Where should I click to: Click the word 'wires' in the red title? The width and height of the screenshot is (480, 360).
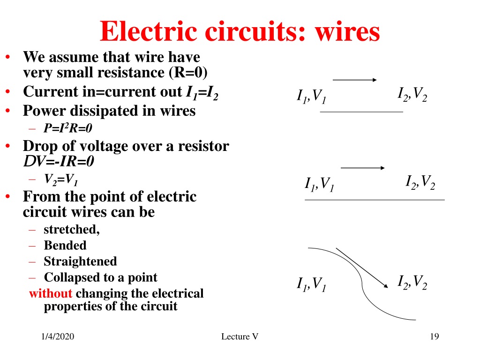(x=347, y=31)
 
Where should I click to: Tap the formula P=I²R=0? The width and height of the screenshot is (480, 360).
(x=67, y=128)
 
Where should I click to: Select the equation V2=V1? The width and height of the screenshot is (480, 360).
(x=60, y=180)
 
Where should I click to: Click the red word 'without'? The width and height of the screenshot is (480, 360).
(x=51, y=293)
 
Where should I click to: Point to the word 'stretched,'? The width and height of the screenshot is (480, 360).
(x=72, y=229)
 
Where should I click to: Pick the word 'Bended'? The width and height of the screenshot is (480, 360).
(x=65, y=245)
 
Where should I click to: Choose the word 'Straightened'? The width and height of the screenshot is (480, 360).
(x=80, y=262)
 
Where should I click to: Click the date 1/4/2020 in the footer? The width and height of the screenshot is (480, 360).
(x=58, y=337)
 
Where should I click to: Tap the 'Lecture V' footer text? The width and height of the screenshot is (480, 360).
(x=240, y=337)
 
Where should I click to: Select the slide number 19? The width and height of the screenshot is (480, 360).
(x=435, y=337)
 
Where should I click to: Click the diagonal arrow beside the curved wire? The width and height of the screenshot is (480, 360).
(x=362, y=268)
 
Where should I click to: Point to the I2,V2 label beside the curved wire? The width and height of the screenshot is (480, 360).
(x=412, y=282)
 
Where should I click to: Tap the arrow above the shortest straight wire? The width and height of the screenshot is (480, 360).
(x=354, y=80)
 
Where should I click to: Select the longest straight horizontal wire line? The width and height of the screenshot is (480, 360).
(x=375, y=200)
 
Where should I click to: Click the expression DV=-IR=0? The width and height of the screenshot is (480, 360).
(x=59, y=161)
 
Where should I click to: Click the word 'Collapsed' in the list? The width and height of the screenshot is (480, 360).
(x=71, y=277)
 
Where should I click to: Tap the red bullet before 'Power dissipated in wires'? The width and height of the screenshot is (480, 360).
(x=8, y=111)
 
